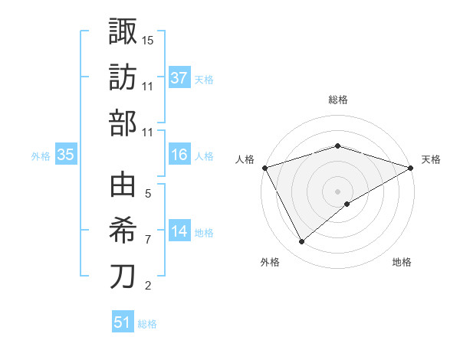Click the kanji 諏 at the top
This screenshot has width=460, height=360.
[x=123, y=32]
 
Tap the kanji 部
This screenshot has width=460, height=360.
[x=123, y=123]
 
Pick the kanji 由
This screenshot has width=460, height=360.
[x=123, y=187]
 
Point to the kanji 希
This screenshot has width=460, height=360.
[x=123, y=232]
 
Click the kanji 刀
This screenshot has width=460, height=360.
[x=123, y=277]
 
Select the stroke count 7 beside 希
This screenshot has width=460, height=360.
[x=148, y=240]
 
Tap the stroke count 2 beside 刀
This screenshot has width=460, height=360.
[x=148, y=286]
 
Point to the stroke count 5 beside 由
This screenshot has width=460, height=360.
[x=148, y=194]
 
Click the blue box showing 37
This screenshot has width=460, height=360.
[x=179, y=77]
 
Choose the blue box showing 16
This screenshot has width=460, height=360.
[x=179, y=155]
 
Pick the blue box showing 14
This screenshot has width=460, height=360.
[x=179, y=231]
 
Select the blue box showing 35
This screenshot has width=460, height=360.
[x=66, y=155]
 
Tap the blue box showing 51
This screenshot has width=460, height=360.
[x=123, y=322]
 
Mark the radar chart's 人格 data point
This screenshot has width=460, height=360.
[x=264, y=167]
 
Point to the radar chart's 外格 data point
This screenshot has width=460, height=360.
[x=301, y=242]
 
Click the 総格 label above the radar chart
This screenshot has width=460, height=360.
[x=338, y=100]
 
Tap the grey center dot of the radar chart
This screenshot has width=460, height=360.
[x=338, y=191]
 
